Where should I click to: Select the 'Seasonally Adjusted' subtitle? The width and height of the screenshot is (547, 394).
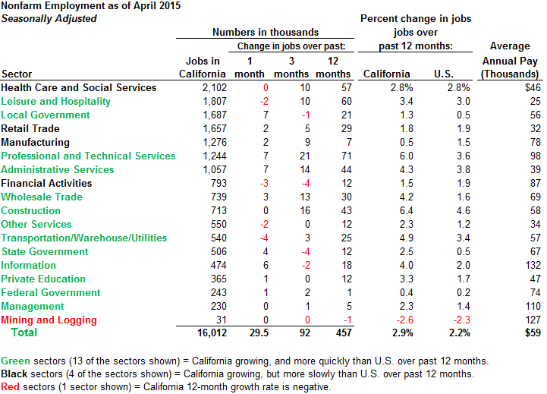coord(49,18)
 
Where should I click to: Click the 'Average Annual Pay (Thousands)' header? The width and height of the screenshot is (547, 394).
coord(510,60)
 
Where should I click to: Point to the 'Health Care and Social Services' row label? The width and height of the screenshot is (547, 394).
coord(79,87)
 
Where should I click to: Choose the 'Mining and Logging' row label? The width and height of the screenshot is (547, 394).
coord(49,320)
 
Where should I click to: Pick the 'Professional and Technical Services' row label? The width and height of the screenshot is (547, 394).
coord(88,156)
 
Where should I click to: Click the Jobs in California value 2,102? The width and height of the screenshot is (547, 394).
coord(213,87)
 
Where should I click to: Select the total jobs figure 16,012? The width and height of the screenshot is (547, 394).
coord(210,333)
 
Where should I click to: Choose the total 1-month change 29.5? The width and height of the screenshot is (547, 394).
coord(252,333)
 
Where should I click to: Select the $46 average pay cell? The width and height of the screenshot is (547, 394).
coord(532,87)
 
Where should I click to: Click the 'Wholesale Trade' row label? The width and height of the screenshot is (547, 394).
coord(42,197)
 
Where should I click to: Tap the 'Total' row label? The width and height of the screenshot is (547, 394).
coord(23,333)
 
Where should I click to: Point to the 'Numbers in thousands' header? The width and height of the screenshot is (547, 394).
coord(265,33)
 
